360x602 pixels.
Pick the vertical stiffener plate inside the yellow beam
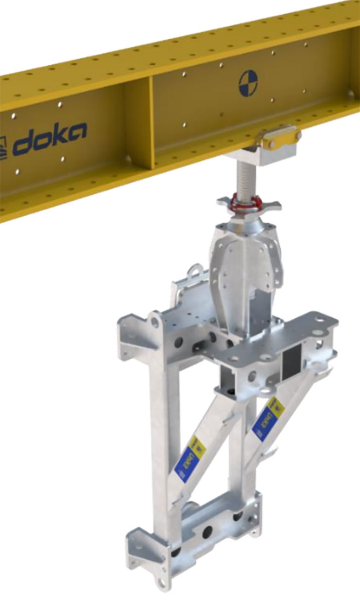(151, 123)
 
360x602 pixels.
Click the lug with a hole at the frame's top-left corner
(156, 319)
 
